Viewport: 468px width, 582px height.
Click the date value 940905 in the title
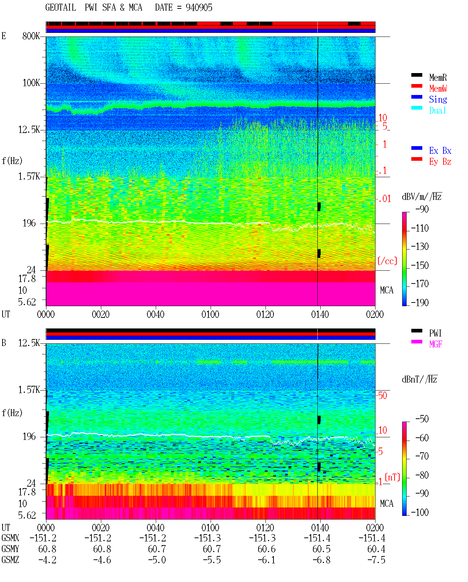coord(199,8)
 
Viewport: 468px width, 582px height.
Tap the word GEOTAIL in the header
coord(61,8)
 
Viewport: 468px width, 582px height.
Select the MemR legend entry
coord(438,77)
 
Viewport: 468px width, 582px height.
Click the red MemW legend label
coord(438,88)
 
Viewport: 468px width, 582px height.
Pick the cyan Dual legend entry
coord(437,110)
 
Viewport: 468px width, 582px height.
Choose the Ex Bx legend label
coord(440,151)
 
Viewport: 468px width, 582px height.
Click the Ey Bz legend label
coord(440,162)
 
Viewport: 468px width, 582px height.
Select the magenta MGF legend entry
coord(435,344)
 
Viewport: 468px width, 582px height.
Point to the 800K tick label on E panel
coord(31,36)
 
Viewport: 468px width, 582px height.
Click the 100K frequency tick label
coord(31,83)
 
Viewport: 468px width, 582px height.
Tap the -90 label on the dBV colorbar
coord(422,209)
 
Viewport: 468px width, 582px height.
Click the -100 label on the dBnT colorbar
coord(420,512)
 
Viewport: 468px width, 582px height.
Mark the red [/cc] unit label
coord(387,261)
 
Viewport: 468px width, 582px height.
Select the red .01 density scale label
coord(384,199)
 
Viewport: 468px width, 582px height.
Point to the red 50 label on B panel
coord(382,396)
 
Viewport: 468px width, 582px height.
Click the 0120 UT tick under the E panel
coord(265,315)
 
